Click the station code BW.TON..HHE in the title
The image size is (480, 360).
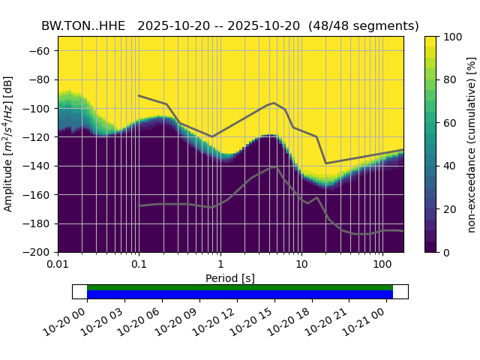[83, 25]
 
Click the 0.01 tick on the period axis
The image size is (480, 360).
[58, 265]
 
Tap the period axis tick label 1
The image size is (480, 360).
[220, 265]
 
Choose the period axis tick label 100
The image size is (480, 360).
[382, 265]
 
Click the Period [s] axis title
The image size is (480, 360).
[230, 278]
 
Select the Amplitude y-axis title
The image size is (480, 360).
[10, 144]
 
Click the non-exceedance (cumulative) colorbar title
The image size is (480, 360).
[472, 144]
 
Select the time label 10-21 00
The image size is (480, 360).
[365, 320]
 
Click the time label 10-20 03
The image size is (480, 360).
[103, 320]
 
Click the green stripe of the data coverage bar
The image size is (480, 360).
[240, 287]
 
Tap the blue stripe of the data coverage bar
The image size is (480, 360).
[240, 294]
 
